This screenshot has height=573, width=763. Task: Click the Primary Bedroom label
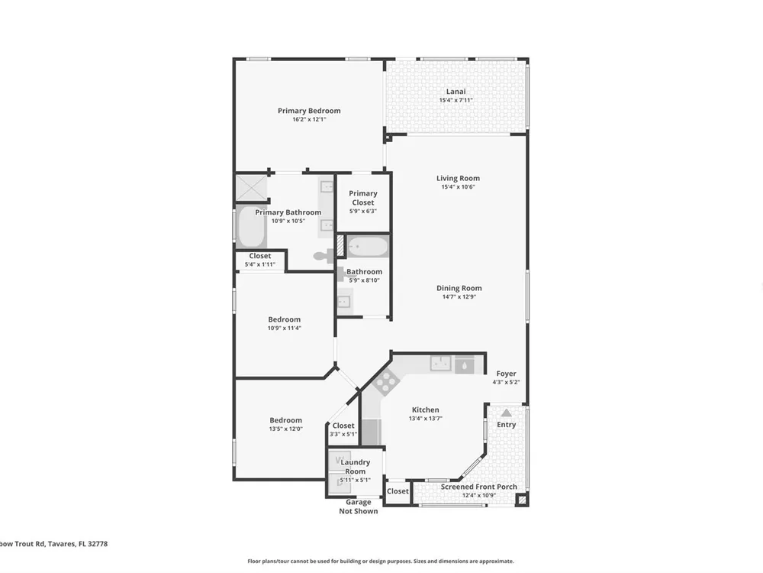pos(309,111)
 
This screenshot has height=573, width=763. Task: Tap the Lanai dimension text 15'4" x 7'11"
pos(456,100)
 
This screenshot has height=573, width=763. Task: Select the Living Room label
pos(458,178)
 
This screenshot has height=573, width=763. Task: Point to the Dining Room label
pos(459,288)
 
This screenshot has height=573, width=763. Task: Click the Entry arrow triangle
pos(507,413)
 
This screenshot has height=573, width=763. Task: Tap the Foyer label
pos(506,374)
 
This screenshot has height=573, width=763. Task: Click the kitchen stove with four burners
pos(386,381)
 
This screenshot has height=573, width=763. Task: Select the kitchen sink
pos(440,364)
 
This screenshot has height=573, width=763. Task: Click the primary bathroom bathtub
pos(252,228)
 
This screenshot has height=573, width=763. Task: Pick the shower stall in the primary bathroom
pos(252,188)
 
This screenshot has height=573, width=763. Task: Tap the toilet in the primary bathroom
pos(323,256)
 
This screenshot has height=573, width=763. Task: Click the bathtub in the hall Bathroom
pos(368,247)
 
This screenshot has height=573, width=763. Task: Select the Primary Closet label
pos(363,198)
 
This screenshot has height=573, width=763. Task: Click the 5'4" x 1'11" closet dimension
pos(260,264)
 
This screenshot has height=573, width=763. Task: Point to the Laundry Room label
pos(356,467)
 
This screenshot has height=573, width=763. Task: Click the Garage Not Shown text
pos(359,507)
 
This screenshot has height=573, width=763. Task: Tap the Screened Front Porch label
pos(479,487)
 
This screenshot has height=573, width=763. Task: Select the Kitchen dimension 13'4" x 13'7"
pos(426,419)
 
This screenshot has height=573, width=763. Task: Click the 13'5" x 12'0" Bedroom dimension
pos(285,429)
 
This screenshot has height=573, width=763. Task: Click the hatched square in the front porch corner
pos(522,500)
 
